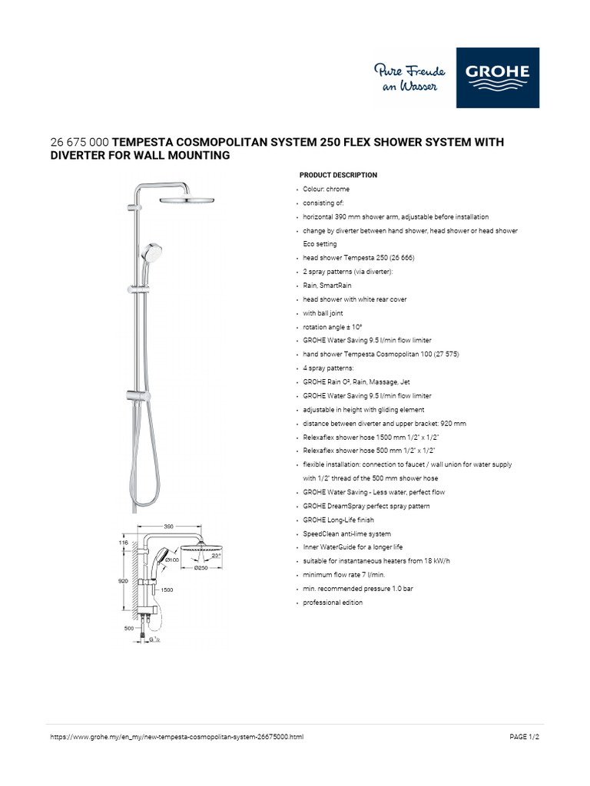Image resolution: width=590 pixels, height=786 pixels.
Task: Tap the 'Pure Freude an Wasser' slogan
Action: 406,78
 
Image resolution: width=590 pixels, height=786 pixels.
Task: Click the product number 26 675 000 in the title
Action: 79,142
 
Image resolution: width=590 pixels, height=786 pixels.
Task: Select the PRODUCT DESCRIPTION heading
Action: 338,175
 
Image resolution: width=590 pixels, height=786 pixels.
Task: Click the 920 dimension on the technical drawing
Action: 123,581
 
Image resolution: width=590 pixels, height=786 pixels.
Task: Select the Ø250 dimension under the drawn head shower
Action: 201,568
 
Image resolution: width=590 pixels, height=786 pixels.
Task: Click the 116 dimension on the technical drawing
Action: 124,543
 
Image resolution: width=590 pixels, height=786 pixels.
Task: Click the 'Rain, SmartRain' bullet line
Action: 327,286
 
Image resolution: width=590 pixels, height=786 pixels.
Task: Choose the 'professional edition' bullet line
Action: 333,603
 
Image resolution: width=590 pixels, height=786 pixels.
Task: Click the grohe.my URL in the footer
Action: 177,736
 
